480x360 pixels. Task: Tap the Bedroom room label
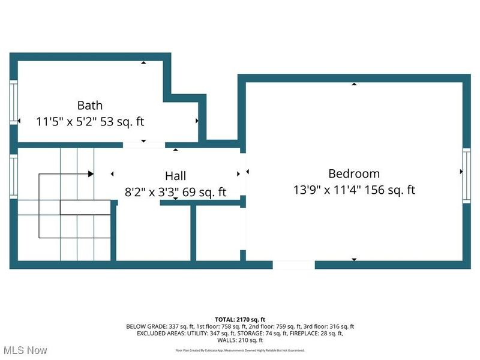point(354,174)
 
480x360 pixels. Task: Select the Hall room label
point(175,176)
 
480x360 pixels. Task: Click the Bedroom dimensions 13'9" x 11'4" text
point(354,190)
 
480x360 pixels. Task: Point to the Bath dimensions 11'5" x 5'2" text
point(90,121)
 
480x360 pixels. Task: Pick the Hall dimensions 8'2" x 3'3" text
point(175,192)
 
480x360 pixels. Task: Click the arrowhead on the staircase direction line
point(91,174)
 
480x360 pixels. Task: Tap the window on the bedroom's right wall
point(466,172)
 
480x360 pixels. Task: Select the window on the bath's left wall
point(13,103)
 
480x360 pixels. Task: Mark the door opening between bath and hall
point(143,145)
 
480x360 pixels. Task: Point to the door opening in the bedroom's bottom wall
point(293,265)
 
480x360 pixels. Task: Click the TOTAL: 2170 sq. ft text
point(240,319)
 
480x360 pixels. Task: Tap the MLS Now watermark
point(25,349)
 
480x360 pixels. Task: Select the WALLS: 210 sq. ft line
point(240,340)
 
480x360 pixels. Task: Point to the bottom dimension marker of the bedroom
point(354,259)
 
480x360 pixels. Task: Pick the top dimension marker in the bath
point(143,62)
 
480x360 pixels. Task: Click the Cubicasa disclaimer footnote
point(240,350)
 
